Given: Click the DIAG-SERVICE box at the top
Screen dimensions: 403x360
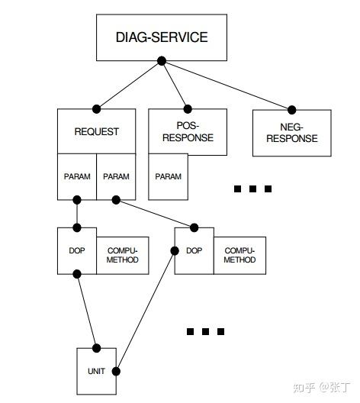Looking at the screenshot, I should point(162,37).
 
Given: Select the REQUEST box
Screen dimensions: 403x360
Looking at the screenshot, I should point(96,131).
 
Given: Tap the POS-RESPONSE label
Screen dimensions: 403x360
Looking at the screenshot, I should point(188,131).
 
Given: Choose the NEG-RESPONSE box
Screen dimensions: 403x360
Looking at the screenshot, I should point(291,133).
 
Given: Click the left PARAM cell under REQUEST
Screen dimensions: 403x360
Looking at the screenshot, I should point(76,176).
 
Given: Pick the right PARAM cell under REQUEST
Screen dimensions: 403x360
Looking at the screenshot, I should point(116,176).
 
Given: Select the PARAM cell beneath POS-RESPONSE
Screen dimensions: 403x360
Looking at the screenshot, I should point(168,176).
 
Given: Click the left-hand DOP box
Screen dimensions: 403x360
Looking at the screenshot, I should point(76,250).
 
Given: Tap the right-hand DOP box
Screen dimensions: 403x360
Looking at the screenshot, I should point(194,250).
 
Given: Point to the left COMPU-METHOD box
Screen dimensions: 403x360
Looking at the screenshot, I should point(123,255).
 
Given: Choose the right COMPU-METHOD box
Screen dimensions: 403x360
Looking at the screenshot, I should point(239,255).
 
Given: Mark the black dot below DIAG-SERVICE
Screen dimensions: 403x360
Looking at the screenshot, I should point(162,62).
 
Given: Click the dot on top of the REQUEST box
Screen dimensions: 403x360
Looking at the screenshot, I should point(96,109).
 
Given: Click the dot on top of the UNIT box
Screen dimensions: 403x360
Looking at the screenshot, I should point(96,347).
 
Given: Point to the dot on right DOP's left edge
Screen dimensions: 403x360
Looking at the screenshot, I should point(175,250).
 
